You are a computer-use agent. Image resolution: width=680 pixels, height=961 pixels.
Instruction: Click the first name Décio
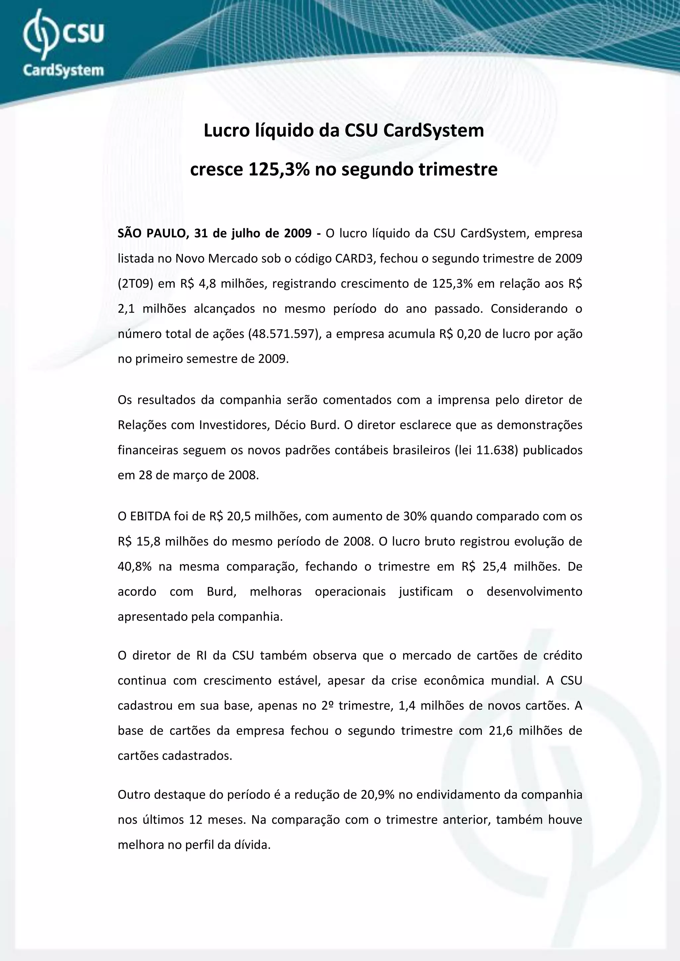(290, 425)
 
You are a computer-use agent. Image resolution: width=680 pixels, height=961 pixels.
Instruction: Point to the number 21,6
(500, 731)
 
